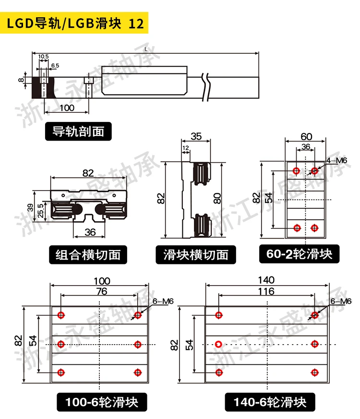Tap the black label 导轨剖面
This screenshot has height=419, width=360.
tap(78, 132)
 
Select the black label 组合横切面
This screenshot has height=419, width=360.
tap(88, 254)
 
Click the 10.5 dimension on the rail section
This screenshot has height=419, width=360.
tap(44, 57)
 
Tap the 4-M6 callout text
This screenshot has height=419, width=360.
tap(336, 160)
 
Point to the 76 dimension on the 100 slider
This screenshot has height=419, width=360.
tap(99, 291)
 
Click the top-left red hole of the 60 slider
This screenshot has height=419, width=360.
tap(296, 170)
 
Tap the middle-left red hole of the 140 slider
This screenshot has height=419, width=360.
tap(219, 344)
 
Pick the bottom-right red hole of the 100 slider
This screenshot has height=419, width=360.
tap(138, 372)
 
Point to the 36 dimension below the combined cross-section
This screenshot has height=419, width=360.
tap(90, 232)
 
